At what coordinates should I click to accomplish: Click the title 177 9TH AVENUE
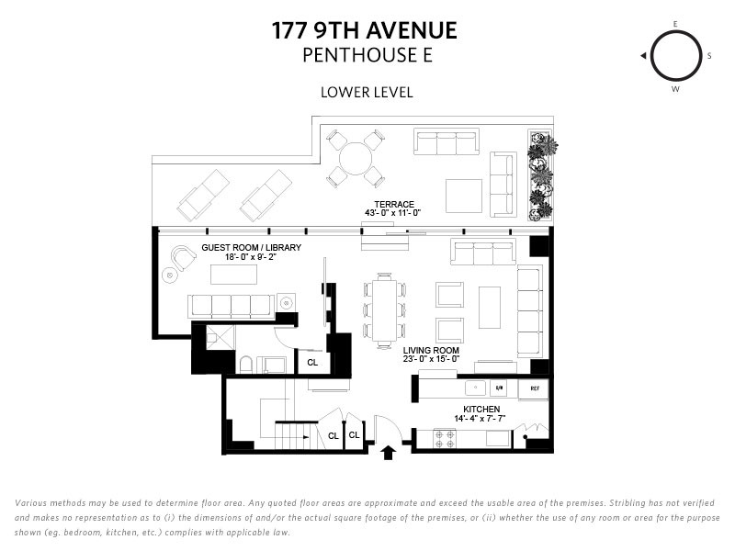click(x=365, y=30)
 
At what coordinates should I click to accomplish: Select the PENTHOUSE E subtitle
click(x=367, y=55)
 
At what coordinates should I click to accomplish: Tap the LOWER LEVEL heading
click(x=367, y=93)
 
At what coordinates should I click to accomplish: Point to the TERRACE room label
click(x=394, y=204)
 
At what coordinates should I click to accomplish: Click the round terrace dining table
click(x=356, y=158)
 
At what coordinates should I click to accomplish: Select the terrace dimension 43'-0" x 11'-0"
click(x=393, y=213)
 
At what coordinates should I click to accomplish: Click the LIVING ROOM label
click(x=431, y=351)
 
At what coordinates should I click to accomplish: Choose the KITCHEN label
click(x=481, y=409)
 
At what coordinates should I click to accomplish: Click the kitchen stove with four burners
click(x=445, y=439)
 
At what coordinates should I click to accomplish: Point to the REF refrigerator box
click(x=534, y=389)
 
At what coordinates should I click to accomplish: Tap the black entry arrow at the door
click(x=388, y=453)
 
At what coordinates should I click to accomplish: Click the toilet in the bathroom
click(x=245, y=365)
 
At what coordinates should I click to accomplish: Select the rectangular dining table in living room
click(x=384, y=309)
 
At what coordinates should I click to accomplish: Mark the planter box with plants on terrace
click(x=541, y=175)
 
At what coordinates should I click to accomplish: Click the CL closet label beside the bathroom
click(x=312, y=362)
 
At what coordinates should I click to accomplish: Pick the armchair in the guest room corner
click(x=183, y=258)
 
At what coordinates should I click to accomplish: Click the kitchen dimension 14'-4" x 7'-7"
click(x=480, y=419)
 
